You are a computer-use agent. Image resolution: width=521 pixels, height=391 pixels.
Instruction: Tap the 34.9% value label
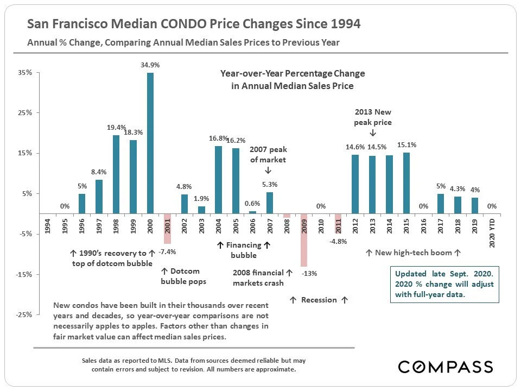pyautogui.click(x=150, y=65)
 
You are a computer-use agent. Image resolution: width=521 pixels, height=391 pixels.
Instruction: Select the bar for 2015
pyautogui.click(x=407, y=183)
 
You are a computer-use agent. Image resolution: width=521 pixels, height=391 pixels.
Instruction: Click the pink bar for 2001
pyautogui.click(x=167, y=228)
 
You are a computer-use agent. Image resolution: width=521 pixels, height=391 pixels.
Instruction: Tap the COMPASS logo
pyautogui.click(x=446, y=367)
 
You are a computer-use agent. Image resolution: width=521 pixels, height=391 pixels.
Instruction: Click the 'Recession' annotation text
pyautogui.click(x=319, y=300)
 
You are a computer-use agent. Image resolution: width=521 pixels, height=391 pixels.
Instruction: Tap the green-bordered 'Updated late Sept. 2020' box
pyautogui.click(x=444, y=284)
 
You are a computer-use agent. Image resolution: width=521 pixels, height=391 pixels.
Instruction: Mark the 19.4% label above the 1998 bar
pyautogui.click(x=116, y=127)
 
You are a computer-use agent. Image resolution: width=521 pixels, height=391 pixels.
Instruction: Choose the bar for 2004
pyautogui.click(x=218, y=179)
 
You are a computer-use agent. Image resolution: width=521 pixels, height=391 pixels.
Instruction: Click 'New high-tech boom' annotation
pyautogui.click(x=413, y=253)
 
